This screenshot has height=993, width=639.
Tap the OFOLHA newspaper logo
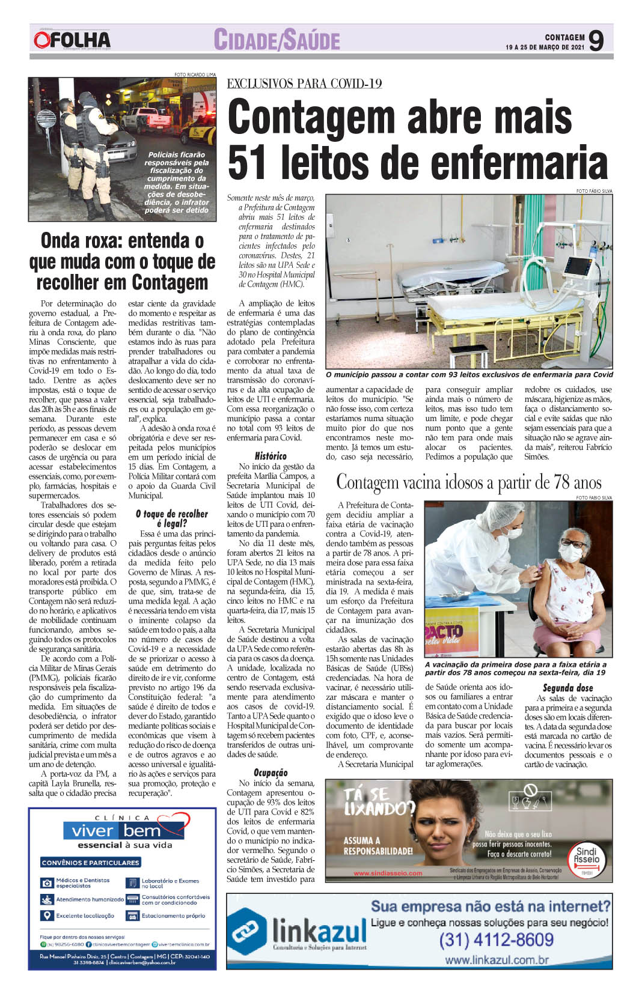[72, 40]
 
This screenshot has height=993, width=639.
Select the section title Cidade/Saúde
[277, 40]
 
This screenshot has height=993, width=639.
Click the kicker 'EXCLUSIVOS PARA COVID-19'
[304, 84]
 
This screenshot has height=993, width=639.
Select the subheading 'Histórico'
[271, 456]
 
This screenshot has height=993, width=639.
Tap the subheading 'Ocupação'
[271, 773]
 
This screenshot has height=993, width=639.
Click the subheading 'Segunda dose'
[567, 688]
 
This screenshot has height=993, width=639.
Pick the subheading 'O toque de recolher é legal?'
[172, 518]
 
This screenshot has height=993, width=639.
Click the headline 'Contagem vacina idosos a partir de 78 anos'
[468, 482]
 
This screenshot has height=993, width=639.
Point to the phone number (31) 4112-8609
[496, 939]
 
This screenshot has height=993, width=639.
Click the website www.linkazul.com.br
[497, 959]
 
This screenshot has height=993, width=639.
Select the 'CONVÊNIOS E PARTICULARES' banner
[90, 863]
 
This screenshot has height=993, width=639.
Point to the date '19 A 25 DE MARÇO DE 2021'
[545, 47]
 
